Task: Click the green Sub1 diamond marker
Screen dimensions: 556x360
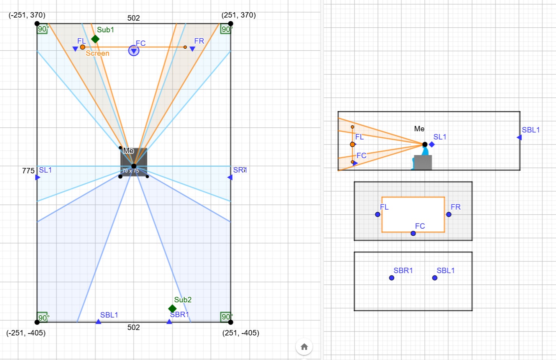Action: pyautogui.click(x=95, y=39)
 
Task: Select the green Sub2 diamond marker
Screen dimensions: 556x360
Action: pyautogui.click(x=172, y=309)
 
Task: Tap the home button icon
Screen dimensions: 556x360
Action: pyautogui.click(x=304, y=347)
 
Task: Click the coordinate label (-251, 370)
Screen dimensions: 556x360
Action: pyautogui.click(x=27, y=15)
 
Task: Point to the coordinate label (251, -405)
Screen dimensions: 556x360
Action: pyautogui.click(x=240, y=333)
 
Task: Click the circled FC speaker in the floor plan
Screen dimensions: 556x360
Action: pyautogui.click(x=134, y=51)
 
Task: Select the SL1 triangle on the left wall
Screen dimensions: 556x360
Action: pyautogui.click(x=37, y=177)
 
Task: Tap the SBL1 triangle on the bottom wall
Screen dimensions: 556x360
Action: pyautogui.click(x=98, y=321)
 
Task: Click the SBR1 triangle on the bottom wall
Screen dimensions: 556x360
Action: pyautogui.click(x=169, y=321)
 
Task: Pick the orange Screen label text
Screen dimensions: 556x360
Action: pyautogui.click(x=97, y=53)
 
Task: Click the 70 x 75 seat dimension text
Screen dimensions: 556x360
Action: pyautogui.click(x=131, y=171)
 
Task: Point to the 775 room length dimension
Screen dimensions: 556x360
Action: pyautogui.click(x=28, y=171)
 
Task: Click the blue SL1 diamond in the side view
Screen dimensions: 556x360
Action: pyautogui.click(x=432, y=144)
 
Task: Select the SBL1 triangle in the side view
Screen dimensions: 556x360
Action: pyautogui.click(x=519, y=137)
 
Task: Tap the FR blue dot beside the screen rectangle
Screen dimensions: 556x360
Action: pyautogui.click(x=448, y=214)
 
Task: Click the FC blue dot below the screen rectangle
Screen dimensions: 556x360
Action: pyautogui.click(x=413, y=233)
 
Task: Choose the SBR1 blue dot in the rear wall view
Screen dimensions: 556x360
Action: pyautogui.click(x=392, y=278)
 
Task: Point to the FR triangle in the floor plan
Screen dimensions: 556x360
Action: pyautogui.click(x=192, y=49)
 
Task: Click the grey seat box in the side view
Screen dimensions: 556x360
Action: pyautogui.click(x=423, y=162)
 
